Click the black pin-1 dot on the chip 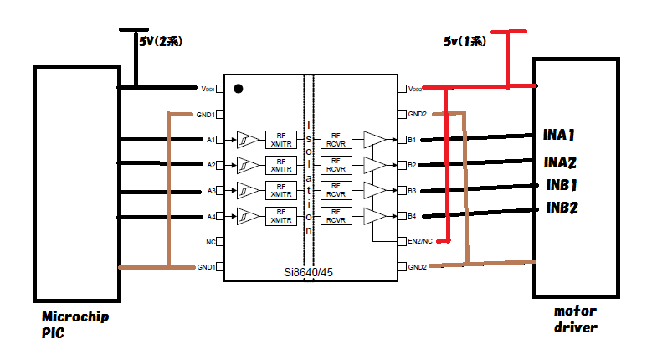[239, 89]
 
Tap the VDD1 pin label [208, 89]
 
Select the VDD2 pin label [415, 89]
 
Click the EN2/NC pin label [420, 241]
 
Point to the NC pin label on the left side [210, 242]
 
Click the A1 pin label [211, 140]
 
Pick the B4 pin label [412, 216]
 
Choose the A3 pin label [211, 191]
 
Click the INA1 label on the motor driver [558, 135]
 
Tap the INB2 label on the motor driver [562, 208]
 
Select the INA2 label [560, 162]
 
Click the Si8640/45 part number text [308, 272]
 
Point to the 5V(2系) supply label [161, 41]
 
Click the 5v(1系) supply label [465, 41]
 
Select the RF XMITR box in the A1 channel [280, 140]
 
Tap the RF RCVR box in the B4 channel [336, 216]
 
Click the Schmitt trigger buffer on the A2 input [248, 165]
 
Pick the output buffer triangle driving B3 [375, 190]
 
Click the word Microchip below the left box [75, 316]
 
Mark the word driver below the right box [576, 327]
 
